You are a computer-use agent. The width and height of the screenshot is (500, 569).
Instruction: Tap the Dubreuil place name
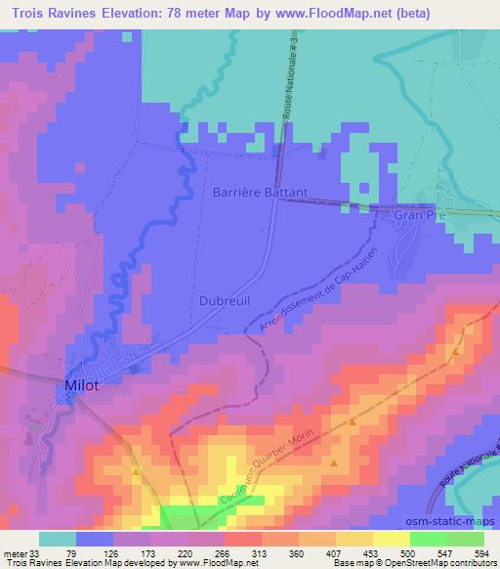tap(227, 302)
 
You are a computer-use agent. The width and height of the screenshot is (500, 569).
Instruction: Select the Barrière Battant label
tap(260, 193)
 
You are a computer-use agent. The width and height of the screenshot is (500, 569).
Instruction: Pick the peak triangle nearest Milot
tap(135, 472)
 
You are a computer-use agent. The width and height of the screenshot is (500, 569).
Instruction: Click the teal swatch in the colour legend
tap(58, 539)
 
